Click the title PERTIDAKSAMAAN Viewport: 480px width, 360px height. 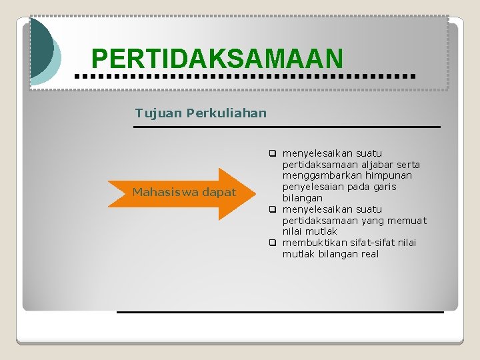(217, 59)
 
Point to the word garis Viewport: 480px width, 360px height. (383, 187)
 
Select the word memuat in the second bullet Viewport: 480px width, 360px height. (410, 220)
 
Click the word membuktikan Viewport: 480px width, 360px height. (315, 243)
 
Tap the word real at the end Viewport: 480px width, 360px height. (368, 254)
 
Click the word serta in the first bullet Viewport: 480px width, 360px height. (407, 164)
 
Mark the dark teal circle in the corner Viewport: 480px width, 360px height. (39, 47)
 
